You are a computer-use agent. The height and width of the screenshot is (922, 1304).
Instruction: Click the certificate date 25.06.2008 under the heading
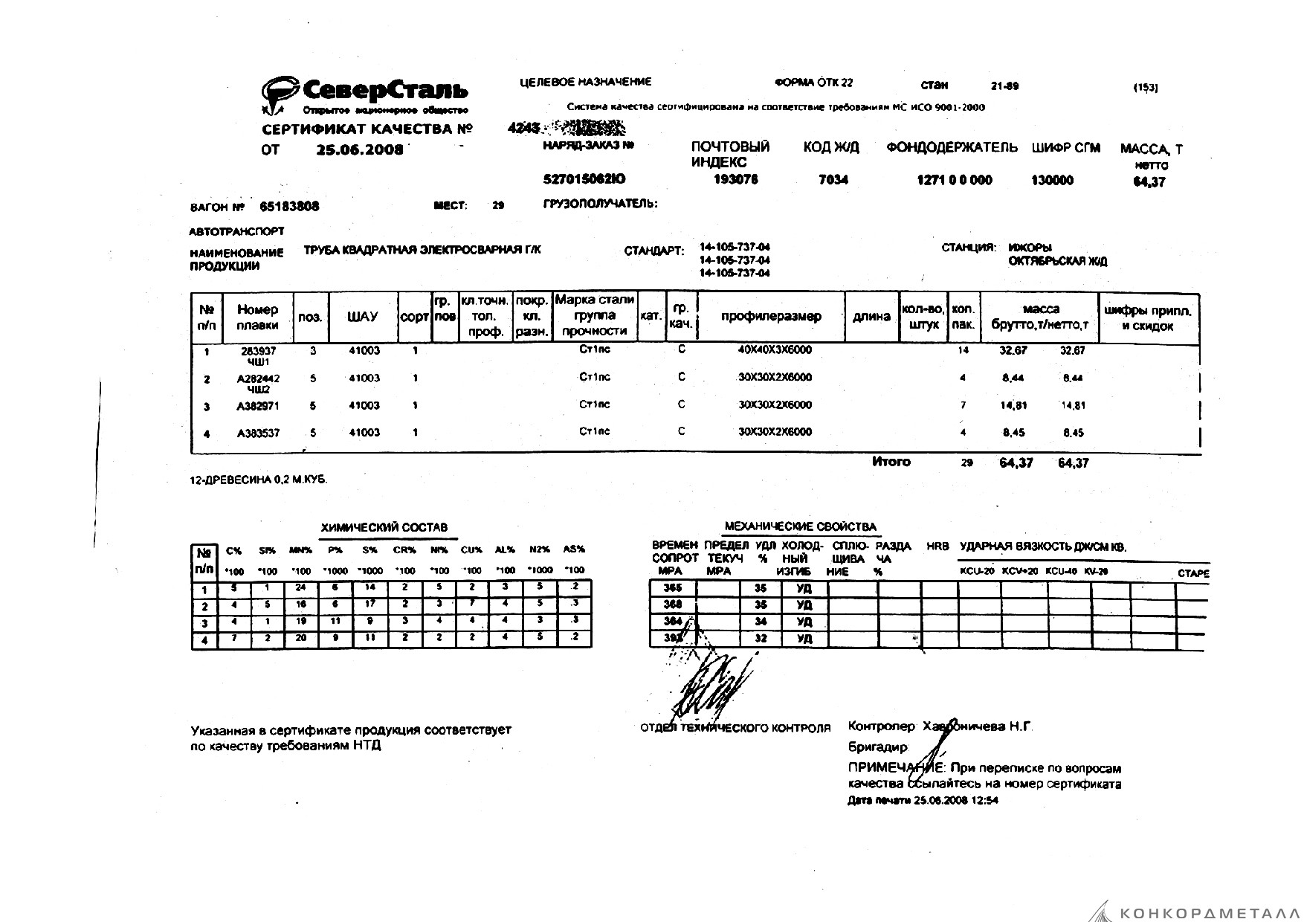pyautogui.click(x=360, y=149)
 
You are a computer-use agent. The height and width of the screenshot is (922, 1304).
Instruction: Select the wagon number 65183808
pyautogui.click(x=289, y=207)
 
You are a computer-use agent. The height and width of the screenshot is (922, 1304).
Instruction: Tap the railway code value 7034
pyautogui.click(x=833, y=180)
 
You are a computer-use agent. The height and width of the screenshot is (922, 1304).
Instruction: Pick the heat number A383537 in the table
pyautogui.click(x=258, y=433)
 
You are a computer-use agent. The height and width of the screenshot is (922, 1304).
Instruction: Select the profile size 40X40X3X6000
pyautogui.click(x=775, y=349)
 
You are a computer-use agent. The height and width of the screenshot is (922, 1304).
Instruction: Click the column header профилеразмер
pyautogui.click(x=771, y=316)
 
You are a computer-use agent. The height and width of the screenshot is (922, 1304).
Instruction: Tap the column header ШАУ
pyautogui.click(x=364, y=317)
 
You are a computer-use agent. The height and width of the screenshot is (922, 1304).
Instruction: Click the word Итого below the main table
pyautogui.click(x=891, y=462)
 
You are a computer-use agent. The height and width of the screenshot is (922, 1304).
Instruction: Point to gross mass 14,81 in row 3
pyautogui.click(x=1013, y=406)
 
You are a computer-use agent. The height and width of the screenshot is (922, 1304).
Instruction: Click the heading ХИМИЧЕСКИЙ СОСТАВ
pyautogui.click(x=384, y=527)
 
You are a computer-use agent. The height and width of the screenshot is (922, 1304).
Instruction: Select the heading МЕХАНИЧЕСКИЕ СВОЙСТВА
pyautogui.click(x=800, y=526)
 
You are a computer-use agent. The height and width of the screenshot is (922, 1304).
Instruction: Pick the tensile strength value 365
pyautogui.click(x=671, y=588)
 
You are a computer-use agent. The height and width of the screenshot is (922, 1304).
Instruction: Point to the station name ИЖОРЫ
pyautogui.click(x=1030, y=248)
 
